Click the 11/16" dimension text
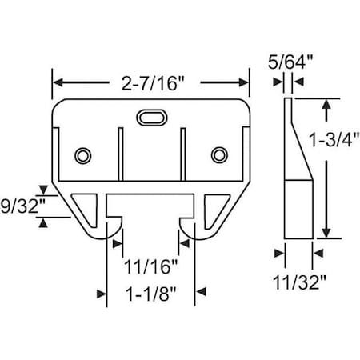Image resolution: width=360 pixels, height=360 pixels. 150,262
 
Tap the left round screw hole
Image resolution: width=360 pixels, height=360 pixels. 82,154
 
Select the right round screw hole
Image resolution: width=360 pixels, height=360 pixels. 218,154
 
